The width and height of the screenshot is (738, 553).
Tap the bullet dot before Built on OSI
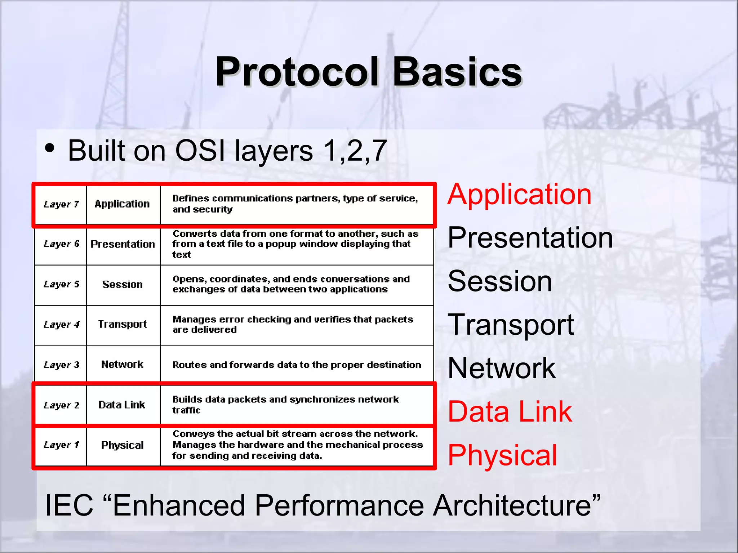click(x=50, y=148)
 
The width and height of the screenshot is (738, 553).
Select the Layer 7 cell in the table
click(x=61, y=204)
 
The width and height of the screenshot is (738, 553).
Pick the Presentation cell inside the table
click(x=123, y=244)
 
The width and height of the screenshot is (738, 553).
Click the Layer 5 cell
click(x=61, y=284)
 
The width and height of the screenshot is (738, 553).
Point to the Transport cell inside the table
click(x=123, y=324)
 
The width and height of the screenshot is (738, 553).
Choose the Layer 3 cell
click(x=61, y=365)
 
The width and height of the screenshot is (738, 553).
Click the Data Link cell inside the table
click(x=122, y=405)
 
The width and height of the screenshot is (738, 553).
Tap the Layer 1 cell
click(x=61, y=445)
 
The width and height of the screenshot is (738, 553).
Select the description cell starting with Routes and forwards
click(x=297, y=365)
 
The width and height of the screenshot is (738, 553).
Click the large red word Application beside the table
click(x=519, y=195)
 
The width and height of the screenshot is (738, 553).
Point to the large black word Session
click(x=500, y=281)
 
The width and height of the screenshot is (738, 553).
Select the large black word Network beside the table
click(x=502, y=368)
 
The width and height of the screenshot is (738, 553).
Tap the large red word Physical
click(x=502, y=455)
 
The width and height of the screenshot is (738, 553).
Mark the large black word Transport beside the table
click(x=511, y=325)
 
